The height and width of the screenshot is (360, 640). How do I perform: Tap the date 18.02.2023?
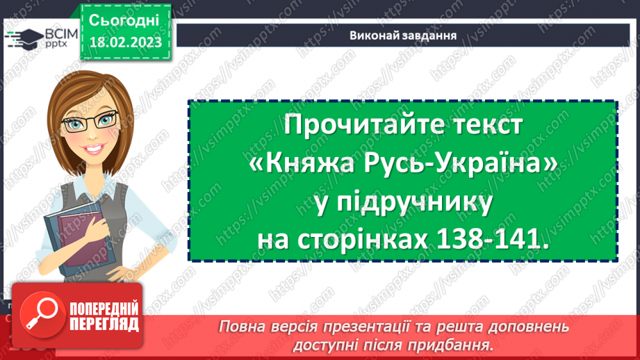click(125, 42)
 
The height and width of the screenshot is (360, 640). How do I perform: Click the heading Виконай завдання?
click(403, 35)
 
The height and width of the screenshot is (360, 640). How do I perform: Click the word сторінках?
click(364, 240)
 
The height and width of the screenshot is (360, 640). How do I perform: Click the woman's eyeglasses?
click(88, 124)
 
